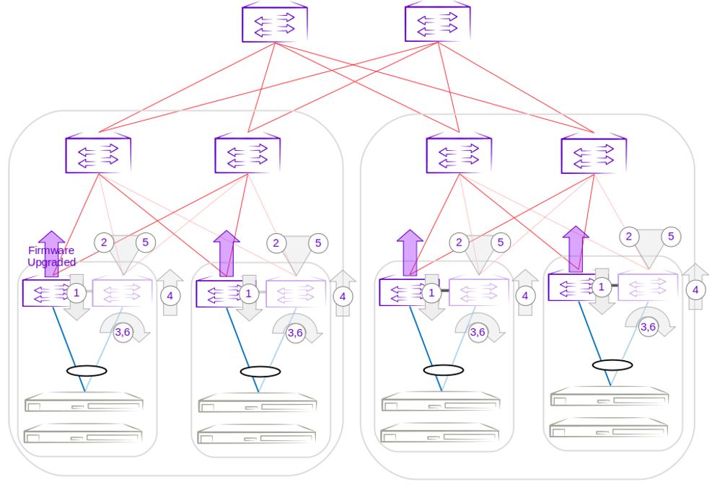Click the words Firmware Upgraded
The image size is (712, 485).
(x=51, y=257)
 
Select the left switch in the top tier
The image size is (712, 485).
(x=274, y=23)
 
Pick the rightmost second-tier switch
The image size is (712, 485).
(x=594, y=154)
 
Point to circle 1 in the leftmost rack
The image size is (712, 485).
(x=76, y=293)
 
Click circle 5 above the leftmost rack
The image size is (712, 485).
(x=145, y=242)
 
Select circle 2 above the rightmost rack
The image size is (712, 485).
(x=630, y=237)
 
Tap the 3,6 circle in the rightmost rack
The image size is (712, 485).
(x=648, y=327)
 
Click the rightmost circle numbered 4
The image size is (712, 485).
(x=695, y=290)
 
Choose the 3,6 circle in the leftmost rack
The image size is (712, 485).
(x=123, y=332)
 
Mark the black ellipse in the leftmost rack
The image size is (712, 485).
(x=87, y=371)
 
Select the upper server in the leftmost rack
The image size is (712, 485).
(x=84, y=403)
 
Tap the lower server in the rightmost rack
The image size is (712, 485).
(x=610, y=428)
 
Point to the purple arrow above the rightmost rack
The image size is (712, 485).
(x=576, y=248)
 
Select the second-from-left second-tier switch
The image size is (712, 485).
(x=247, y=154)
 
